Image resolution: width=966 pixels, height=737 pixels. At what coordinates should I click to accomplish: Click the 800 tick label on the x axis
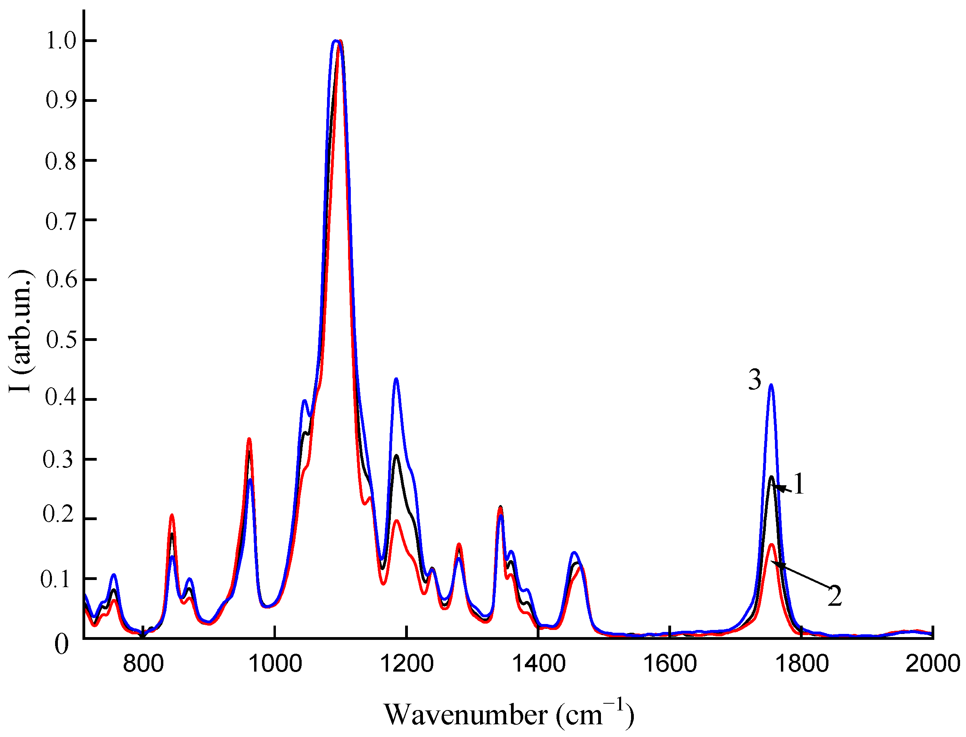click(143, 663)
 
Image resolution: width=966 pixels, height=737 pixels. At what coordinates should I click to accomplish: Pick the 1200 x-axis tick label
click(406, 663)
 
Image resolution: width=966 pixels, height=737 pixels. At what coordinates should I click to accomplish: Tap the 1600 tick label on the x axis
click(670, 663)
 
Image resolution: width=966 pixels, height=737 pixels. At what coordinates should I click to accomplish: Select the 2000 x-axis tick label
click(933, 663)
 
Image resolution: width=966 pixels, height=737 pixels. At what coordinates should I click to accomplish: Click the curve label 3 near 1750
click(754, 379)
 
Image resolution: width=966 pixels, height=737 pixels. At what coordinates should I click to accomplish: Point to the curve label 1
click(799, 484)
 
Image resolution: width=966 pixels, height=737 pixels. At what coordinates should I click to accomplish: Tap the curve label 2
click(834, 596)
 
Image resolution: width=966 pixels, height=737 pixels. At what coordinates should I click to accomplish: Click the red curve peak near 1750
click(771, 544)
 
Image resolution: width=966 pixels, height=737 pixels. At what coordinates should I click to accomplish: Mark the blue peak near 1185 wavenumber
click(396, 379)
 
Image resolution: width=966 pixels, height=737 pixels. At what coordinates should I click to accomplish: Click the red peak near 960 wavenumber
click(249, 439)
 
